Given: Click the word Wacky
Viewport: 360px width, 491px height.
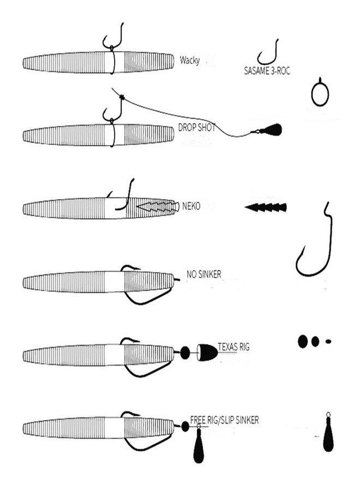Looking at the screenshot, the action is click(x=190, y=60).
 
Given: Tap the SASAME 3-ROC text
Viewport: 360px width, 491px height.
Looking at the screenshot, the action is click(x=267, y=71).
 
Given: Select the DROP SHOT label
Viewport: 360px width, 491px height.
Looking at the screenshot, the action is click(x=197, y=128).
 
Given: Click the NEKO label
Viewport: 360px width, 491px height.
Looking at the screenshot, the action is click(x=191, y=206).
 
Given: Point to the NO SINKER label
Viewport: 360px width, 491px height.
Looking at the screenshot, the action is click(x=204, y=274).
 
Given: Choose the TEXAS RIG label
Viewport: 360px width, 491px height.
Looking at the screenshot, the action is click(x=233, y=347).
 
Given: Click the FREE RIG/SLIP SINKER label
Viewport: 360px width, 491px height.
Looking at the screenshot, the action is click(x=224, y=420).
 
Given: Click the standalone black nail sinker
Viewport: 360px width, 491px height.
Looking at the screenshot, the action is click(x=266, y=207).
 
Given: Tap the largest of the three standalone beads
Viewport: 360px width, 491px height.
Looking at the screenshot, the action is click(x=303, y=342).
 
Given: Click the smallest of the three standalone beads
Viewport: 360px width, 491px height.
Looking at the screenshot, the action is click(x=328, y=342).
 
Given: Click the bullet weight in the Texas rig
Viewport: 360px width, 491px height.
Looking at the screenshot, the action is click(x=207, y=352).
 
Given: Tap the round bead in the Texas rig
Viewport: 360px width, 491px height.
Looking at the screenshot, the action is click(x=185, y=353).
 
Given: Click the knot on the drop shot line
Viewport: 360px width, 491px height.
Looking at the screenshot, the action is click(x=122, y=98).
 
